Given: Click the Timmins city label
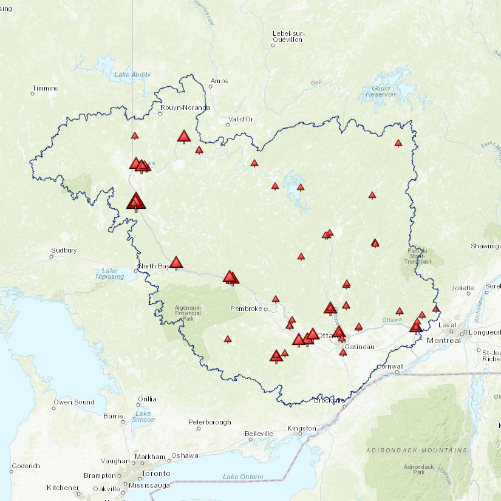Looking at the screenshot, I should click(46, 89).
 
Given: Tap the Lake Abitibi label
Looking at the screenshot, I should click(132, 75).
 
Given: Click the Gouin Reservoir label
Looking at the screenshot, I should click(381, 91).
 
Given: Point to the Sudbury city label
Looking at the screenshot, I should click(64, 250).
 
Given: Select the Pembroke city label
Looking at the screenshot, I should click(245, 309).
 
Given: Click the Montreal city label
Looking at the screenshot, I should click(443, 341).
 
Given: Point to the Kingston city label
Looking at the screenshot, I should click(302, 429).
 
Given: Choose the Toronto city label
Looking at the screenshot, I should click(155, 474).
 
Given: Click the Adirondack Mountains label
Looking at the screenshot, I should click(417, 451).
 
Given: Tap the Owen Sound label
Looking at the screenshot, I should click(74, 402).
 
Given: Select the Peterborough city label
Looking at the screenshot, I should click(210, 422).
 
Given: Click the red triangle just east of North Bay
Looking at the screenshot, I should click(176, 262).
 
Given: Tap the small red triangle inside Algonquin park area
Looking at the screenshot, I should click(228, 339).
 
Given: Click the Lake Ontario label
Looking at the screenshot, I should click(243, 477).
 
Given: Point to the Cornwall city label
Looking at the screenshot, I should click(390, 366).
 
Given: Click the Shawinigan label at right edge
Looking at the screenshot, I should click(486, 246).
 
